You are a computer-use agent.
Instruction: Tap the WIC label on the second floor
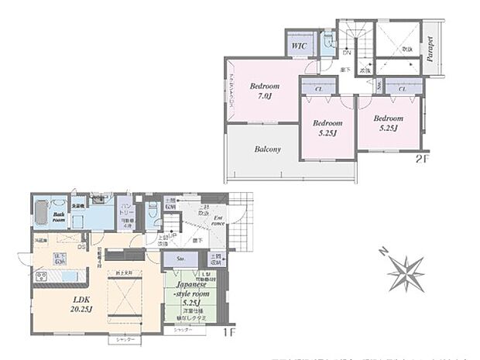tap(299, 47)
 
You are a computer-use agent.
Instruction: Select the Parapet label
tap(430, 50)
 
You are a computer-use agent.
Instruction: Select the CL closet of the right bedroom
tap(401, 90)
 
